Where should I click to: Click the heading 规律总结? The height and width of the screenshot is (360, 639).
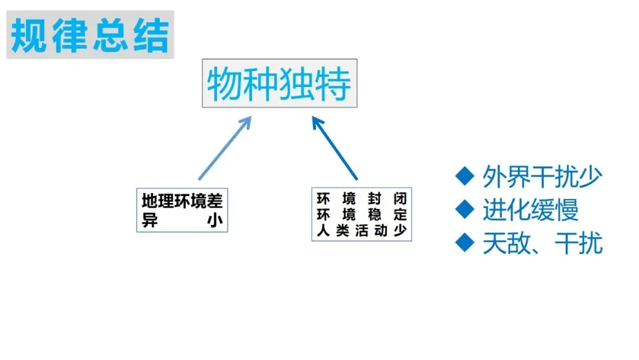[x=90, y=35]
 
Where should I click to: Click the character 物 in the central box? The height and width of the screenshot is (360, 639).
[x=225, y=83]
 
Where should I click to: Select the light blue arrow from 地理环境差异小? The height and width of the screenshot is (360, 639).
[x=224, y=147]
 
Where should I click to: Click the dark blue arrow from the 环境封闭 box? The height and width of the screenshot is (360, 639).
[x=335, y=149]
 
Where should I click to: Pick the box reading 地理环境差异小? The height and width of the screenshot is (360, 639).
[x=182, y=210]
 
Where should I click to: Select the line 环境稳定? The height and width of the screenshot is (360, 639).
[x=362, y=214]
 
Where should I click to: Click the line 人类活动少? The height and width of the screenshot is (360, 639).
[x=362, y=230]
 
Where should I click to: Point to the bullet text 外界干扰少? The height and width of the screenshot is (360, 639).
[x=542, y=176]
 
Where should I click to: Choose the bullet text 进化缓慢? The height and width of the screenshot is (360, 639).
[x=530, y=210]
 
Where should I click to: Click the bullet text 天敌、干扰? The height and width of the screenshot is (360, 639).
[x=542, y=243]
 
